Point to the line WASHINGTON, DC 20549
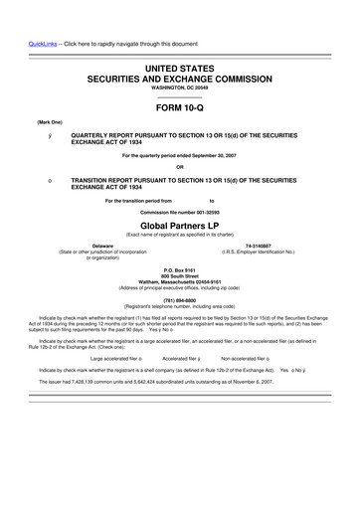click(180, 87)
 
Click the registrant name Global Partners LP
click(180, 225)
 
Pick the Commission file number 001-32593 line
click(180, 213)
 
